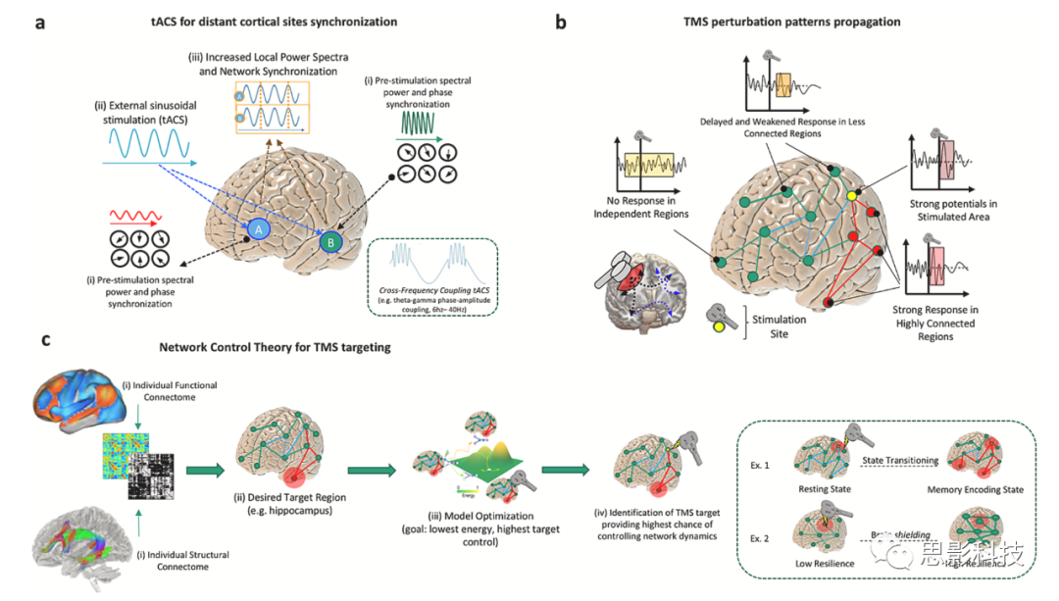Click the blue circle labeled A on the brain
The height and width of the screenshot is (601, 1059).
(258, 228)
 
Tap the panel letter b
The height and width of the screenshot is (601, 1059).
(561, 20)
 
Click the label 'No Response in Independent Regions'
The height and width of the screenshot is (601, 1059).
(640, 207)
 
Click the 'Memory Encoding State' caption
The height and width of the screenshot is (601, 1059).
(982, 488)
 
